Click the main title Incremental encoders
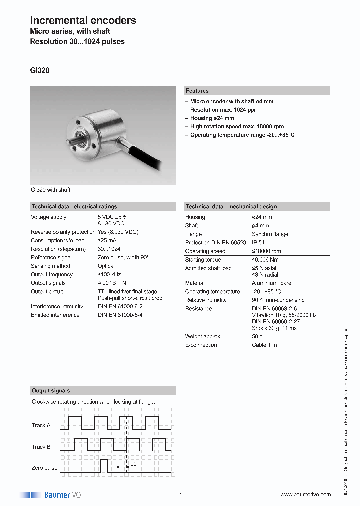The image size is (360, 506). (x=83, y=20)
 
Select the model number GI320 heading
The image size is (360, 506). (x=40, y=70)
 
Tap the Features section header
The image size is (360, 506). (x=197, y=91)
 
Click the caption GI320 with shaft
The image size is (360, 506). (x=50, y=190)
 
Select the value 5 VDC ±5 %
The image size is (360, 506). (x=112, y=217)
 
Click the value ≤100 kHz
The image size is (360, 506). (x=109, y=275)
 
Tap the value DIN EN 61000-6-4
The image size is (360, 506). (x=120, y=315)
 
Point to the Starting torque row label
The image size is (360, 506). (x=203, y=260)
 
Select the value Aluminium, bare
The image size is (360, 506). (x=271, y=283)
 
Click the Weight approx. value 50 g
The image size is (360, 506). (x=257, y=337)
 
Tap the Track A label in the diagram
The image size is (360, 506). (x=41, y=425)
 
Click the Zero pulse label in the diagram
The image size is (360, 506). (x=44, y=468)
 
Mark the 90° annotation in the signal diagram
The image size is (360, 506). (x=134, y=464)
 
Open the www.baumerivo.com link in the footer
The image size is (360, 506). (x=305, y=495)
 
